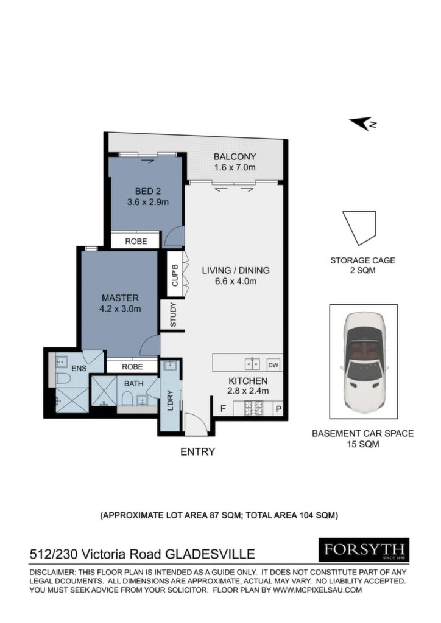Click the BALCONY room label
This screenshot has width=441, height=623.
(235, 156)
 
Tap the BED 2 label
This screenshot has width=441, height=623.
(147, 192)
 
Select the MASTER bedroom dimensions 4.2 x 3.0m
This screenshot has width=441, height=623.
(120, 308)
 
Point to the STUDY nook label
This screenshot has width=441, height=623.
(173, 315)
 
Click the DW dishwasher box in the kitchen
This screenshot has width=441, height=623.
(273, 365)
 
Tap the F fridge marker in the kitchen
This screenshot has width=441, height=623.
(223, 408)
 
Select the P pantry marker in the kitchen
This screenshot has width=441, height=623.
(279, 409)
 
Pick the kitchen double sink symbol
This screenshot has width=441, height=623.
(253, 364)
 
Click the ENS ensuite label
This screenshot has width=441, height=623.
(79, 368)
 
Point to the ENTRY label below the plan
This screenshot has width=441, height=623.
(197, 452)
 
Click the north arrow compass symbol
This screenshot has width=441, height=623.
(363, 124)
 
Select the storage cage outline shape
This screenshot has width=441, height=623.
(359, 228)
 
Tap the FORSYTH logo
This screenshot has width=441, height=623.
(364, 550)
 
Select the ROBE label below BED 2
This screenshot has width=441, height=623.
(136, 241)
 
